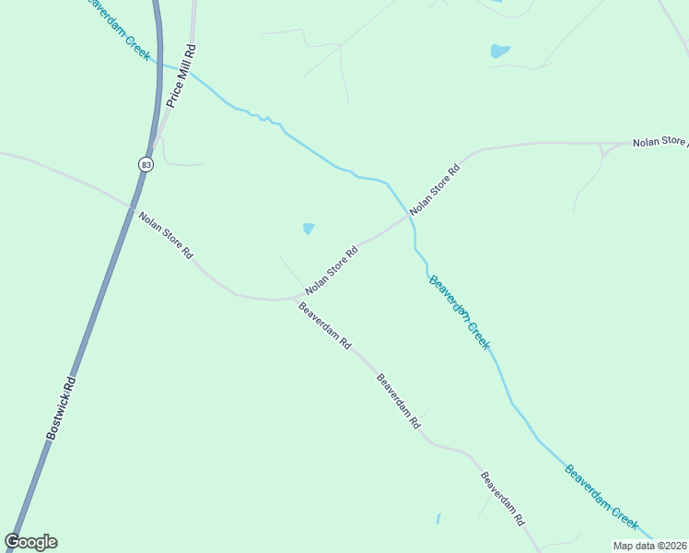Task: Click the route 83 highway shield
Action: (x=146, y=163)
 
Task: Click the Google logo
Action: (x=30, y=542)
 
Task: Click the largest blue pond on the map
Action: (x=499, y=51)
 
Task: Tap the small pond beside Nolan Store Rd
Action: (x=308, y=229)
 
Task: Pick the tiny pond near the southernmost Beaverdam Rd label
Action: (x=438, y=519)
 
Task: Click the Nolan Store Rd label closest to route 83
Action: (x=166, y=236)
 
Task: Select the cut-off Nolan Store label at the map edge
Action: (x=660, y=142)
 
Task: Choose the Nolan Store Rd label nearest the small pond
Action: (x=331, y=270)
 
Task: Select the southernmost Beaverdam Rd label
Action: (x=502, y=499)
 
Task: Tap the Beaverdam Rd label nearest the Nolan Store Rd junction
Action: (x=325, y=325)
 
